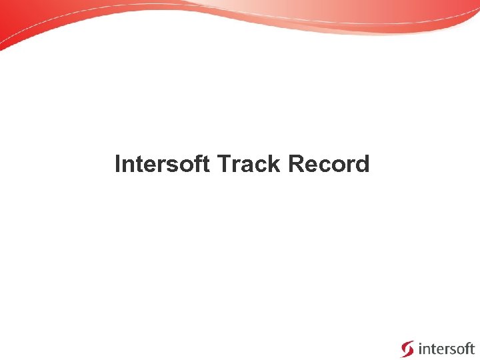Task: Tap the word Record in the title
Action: pos(329,164)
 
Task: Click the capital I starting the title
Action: pos(118,164)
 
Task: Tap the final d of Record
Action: pos(362,164)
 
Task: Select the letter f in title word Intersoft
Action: pos(199,164)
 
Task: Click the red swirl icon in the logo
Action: pos(407,349)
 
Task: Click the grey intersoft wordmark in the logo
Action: pos(446,348)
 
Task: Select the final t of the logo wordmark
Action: pos(471,348)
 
